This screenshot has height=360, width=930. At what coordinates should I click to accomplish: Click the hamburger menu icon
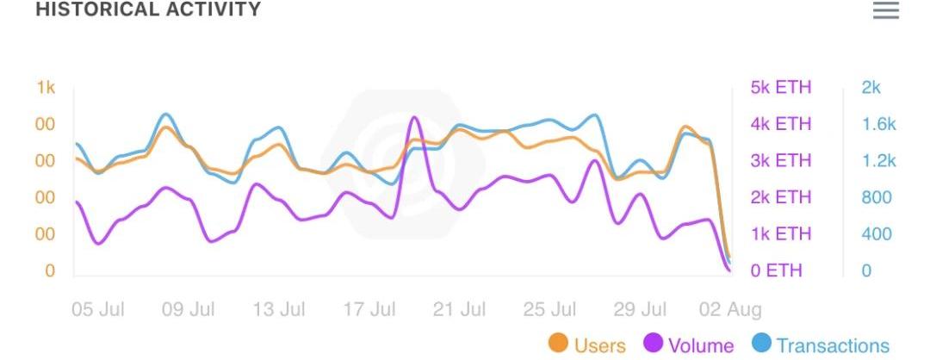(885, 10)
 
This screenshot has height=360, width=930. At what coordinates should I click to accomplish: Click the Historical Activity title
(148, 9)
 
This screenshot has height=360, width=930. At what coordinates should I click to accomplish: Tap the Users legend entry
(587, 345)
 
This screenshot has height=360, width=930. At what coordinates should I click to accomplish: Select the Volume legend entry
(688, 345)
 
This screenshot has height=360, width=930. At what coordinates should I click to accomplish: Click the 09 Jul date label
(189, 309)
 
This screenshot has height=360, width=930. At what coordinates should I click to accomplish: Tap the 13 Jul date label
(279, 309)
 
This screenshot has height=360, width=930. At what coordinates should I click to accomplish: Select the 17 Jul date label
(369, 309)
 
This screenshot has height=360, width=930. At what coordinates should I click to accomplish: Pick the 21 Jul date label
(460, 309)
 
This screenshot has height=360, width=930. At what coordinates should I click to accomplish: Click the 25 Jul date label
(550, 309)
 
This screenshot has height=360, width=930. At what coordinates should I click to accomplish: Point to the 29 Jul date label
(641, 309)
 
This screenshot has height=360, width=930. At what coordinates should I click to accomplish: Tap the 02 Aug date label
(730, 309)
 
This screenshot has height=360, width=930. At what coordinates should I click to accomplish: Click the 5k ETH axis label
(781, 88)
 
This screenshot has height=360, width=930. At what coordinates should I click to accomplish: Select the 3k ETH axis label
(781, 161)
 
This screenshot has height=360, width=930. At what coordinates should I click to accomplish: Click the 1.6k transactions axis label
(878, 125)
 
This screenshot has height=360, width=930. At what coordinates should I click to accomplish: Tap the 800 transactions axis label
(877, 198)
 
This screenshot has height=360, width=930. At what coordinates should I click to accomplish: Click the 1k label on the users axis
(46, 88)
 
